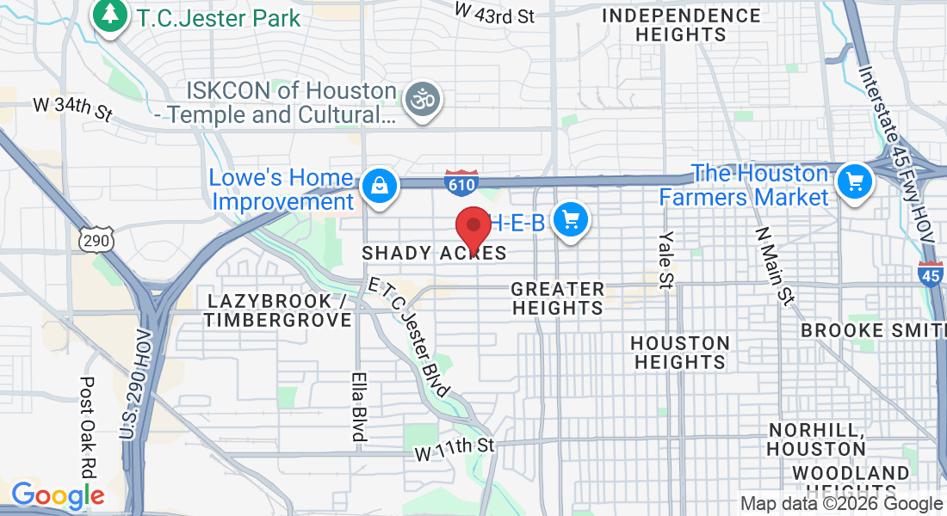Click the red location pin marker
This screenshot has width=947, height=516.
click(472, 227)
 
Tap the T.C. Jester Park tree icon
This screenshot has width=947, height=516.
click(110, 15)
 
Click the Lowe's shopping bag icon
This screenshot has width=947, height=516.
click(378, 186)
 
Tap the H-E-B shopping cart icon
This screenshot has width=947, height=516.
click(569, 220)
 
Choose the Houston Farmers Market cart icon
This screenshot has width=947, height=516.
click(855, 181)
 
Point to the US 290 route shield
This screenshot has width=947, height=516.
click(95, 241)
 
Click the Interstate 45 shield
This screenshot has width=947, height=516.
click(930, 275)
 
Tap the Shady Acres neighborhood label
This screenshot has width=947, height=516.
click(434, 253)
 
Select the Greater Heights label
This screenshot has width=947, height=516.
click(558, 298)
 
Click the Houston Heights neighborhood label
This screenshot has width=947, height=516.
click(680, 353)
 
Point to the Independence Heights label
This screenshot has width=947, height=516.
click(681, 25)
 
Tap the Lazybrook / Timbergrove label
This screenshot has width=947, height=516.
click(279, 310)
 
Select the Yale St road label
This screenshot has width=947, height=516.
click(666, 257)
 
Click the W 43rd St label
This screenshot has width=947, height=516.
click(494, 13)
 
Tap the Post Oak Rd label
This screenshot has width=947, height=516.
click(87, 427)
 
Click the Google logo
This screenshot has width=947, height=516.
click(58, 495)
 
